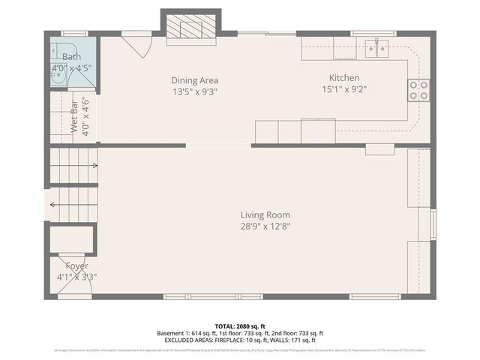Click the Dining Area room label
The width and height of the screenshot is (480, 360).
(x=195, y=80)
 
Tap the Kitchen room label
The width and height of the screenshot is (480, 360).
(x=344, y=78)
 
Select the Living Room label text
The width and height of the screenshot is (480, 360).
(x=265, y=214)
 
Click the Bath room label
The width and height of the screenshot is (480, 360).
(x=71, y=57)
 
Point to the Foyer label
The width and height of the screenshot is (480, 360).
(x=76, y=266)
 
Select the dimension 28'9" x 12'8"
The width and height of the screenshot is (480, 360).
(x=265, y=226)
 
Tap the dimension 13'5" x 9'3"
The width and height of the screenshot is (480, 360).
(x=195, y=91)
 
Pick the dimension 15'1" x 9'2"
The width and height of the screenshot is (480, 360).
(x=344, y=89)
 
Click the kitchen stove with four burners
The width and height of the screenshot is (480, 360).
(x=418, y=90)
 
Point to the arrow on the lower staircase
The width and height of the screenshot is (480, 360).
(x=54, y=204)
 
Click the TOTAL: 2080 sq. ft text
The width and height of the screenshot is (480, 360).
(x=239, y=326)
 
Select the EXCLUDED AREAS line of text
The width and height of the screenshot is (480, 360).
(x=239, y=340)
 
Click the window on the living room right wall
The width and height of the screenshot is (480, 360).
(x=432, y=224)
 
